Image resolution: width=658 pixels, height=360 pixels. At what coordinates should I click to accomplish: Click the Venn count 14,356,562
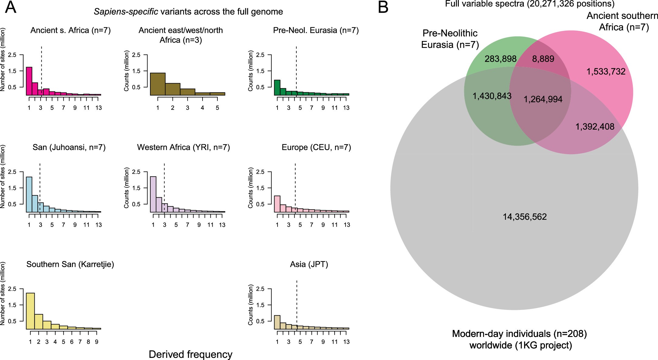525,217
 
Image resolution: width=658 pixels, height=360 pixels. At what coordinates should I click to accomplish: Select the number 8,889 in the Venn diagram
543,59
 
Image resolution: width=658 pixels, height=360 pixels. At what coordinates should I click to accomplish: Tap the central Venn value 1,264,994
543,99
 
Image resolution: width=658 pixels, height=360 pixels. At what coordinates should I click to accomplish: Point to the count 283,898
500,59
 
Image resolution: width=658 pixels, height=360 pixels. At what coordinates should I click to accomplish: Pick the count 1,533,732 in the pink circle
606,72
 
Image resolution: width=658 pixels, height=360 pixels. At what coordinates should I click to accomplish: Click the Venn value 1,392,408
595,127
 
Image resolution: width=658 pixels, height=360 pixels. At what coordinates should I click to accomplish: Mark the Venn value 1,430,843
492,96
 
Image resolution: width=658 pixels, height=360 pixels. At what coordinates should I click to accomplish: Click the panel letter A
11,7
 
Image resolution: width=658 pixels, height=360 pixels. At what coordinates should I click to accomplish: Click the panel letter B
383,7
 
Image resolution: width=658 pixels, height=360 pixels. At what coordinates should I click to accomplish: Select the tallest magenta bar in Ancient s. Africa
29,81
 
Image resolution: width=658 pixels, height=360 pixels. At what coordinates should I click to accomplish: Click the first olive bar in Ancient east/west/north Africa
158,84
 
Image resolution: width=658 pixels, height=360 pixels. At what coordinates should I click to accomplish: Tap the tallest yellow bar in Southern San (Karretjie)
30,311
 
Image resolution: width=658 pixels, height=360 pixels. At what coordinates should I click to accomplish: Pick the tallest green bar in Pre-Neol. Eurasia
277,88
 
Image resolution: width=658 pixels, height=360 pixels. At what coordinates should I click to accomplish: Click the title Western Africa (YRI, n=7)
183,147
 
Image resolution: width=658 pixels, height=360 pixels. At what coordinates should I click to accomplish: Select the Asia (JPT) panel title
309,264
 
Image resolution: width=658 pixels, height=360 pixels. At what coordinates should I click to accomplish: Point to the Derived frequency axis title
190,354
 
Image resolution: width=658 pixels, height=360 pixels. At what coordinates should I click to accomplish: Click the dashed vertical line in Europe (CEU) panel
295,182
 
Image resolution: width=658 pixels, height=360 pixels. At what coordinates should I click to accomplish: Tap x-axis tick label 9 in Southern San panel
97,342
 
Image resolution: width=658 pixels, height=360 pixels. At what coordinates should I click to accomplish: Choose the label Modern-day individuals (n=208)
519,334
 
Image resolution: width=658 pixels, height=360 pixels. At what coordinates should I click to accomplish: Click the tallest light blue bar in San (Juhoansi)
29,195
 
